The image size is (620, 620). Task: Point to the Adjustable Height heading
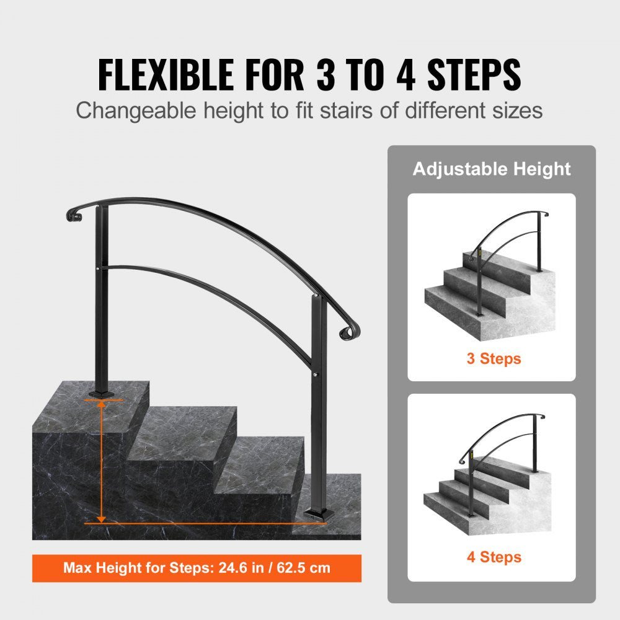pyautogui.click(x=492, y=169)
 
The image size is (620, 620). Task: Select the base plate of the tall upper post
pyautogui.click(x=101, y=392)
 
